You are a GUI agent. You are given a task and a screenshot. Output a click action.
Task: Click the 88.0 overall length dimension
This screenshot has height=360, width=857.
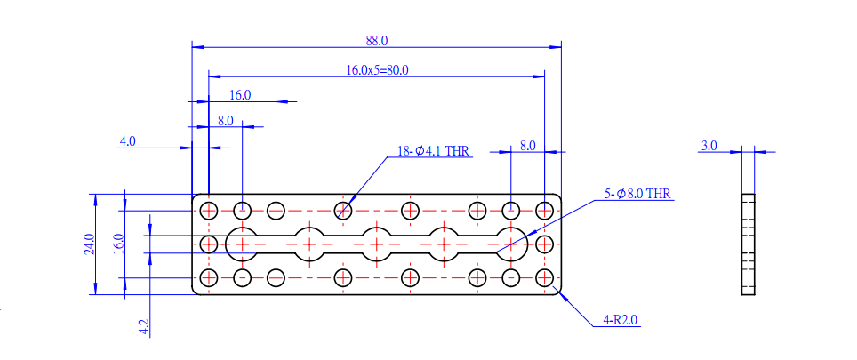coord(377,40)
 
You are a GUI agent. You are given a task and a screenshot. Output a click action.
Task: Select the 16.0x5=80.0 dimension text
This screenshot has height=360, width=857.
coord(378,70)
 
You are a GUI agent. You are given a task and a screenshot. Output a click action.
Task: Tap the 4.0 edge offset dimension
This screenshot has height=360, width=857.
coord(127,141)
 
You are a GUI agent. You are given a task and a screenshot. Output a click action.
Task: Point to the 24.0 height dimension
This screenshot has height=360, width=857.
coord(90,244)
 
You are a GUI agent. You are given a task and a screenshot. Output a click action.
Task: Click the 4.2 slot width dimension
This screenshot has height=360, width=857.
coord(144,327)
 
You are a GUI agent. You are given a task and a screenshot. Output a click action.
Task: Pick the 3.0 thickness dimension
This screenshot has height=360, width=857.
coord(709,146)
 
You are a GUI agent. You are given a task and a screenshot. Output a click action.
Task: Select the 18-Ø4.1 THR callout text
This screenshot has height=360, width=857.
coord(434,151)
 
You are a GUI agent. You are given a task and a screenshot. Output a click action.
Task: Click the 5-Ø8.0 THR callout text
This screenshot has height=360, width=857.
coord(637,194)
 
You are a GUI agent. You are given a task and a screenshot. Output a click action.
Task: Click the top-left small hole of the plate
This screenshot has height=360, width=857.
coord(209,210)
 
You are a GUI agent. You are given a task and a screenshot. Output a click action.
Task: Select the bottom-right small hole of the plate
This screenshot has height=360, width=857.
coord(544,278)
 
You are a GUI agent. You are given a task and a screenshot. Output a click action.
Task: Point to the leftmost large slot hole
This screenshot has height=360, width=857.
coord(242,244)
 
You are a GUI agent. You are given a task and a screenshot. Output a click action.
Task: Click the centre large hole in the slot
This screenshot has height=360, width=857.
coord(377,244)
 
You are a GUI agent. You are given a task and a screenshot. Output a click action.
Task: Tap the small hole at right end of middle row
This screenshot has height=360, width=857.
coord(544,244)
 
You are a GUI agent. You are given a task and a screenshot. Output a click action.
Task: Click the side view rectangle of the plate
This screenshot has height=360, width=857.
coord(748,244)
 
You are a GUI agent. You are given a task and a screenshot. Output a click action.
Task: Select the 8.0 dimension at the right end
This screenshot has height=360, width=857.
coord(527,146)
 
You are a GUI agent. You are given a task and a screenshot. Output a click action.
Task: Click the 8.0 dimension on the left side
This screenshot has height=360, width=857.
coord(226,121)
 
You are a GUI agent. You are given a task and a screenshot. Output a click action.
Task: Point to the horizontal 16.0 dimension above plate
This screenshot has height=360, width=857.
coord(240,95)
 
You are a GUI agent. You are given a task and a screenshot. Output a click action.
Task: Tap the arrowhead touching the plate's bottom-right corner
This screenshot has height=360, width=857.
coord(563,295)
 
